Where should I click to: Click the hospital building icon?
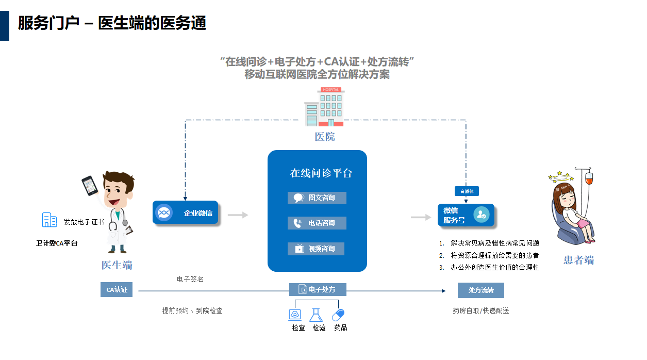point(324,107)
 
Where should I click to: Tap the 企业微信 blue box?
point(186,212)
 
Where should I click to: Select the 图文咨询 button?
point(317,198)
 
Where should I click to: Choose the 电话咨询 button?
point(317,223)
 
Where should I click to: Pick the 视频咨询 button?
point(316,249)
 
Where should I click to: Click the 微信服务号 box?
point(466,215)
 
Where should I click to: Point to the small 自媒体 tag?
point(467,191)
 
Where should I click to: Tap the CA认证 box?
point(117,290)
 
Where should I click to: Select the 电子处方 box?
point(318,290)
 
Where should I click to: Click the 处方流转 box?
point(480,290)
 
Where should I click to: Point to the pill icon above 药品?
point(339,315)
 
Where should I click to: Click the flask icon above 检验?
point(316,315)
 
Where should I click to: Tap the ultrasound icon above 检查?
point(295,315)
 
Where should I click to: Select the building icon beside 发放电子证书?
point(49,220)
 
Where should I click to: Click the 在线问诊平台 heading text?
point(321,173)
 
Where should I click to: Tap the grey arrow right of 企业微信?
point(238,215)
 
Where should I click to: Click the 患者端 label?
point(578,260)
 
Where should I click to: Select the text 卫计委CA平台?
point(57,243)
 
